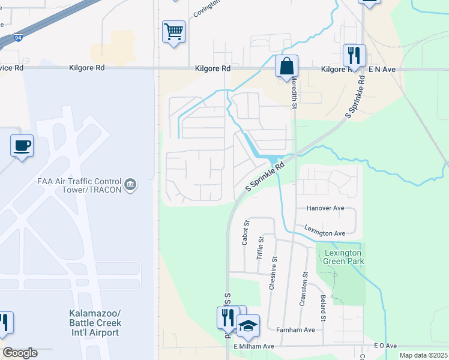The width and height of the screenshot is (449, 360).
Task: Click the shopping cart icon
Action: point(173,31)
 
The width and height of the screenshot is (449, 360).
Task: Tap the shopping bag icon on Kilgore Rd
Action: point(287,65)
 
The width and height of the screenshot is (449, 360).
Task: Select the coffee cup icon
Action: point(22,145)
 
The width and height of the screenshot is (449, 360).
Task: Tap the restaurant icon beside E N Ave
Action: point(354,55)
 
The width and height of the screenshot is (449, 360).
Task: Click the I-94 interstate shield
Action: point(19,37)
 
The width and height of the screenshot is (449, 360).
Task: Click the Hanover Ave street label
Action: point(325,208)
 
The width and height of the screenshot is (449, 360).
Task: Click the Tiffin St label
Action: point(261,248)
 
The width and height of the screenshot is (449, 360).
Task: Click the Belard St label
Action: point(323,307)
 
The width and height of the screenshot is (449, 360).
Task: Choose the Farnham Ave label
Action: point(295,330)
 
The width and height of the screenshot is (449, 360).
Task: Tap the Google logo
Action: point(20,353)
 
